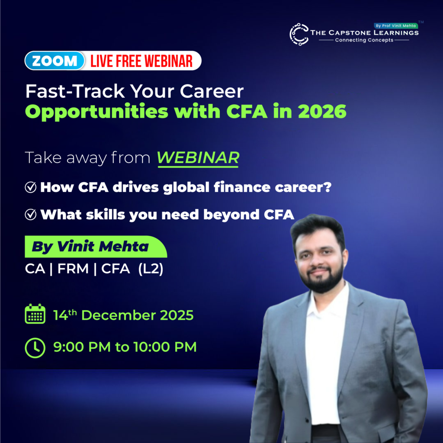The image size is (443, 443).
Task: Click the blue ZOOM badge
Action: click(x=55, y=61)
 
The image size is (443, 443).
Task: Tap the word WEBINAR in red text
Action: click(x=169, y=61)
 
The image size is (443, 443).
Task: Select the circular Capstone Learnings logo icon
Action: click(x=299, y=34)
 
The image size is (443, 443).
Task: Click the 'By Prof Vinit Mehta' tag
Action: click(x=395, y=26)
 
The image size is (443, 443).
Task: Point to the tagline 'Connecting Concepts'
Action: click(x=364, y=40)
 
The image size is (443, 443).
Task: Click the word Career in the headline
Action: click(x=212, y=91)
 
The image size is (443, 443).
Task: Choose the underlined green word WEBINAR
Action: click(x=198, y=158)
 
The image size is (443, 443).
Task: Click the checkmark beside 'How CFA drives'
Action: click(x=31, y=187)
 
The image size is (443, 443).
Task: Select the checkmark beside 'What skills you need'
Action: click(x=31, y=215)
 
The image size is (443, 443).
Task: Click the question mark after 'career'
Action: click(x=328, y=187)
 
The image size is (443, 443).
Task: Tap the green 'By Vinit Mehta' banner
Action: click(x=96, y=247)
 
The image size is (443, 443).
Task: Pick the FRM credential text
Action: click(x=73, y=268)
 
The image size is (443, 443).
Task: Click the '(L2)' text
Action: click(x=151, y=269)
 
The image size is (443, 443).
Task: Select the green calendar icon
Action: click(x=35, y=314)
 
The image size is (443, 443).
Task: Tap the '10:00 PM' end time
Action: click(x=165, y=347)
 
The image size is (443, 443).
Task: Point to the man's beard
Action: click(x=321, y=280)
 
